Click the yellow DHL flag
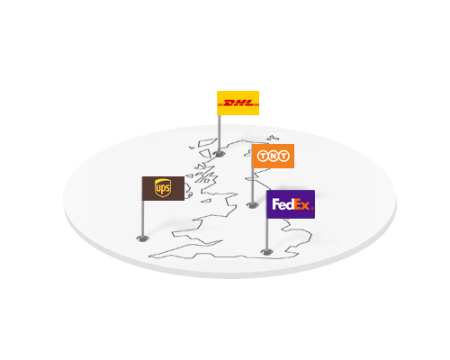238,103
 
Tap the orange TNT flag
273,156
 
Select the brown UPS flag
163,188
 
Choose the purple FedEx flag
291,204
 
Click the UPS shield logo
163,188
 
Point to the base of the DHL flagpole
220,154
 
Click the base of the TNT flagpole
253,205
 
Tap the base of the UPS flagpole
142,238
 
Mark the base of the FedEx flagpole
266,252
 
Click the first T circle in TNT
263,156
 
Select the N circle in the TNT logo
273,156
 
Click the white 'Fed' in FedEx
283,204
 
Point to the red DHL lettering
238,103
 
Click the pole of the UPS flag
143,219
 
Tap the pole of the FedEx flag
266,235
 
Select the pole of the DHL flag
220,134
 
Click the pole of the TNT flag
253,186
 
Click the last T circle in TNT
283,156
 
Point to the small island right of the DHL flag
273,138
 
